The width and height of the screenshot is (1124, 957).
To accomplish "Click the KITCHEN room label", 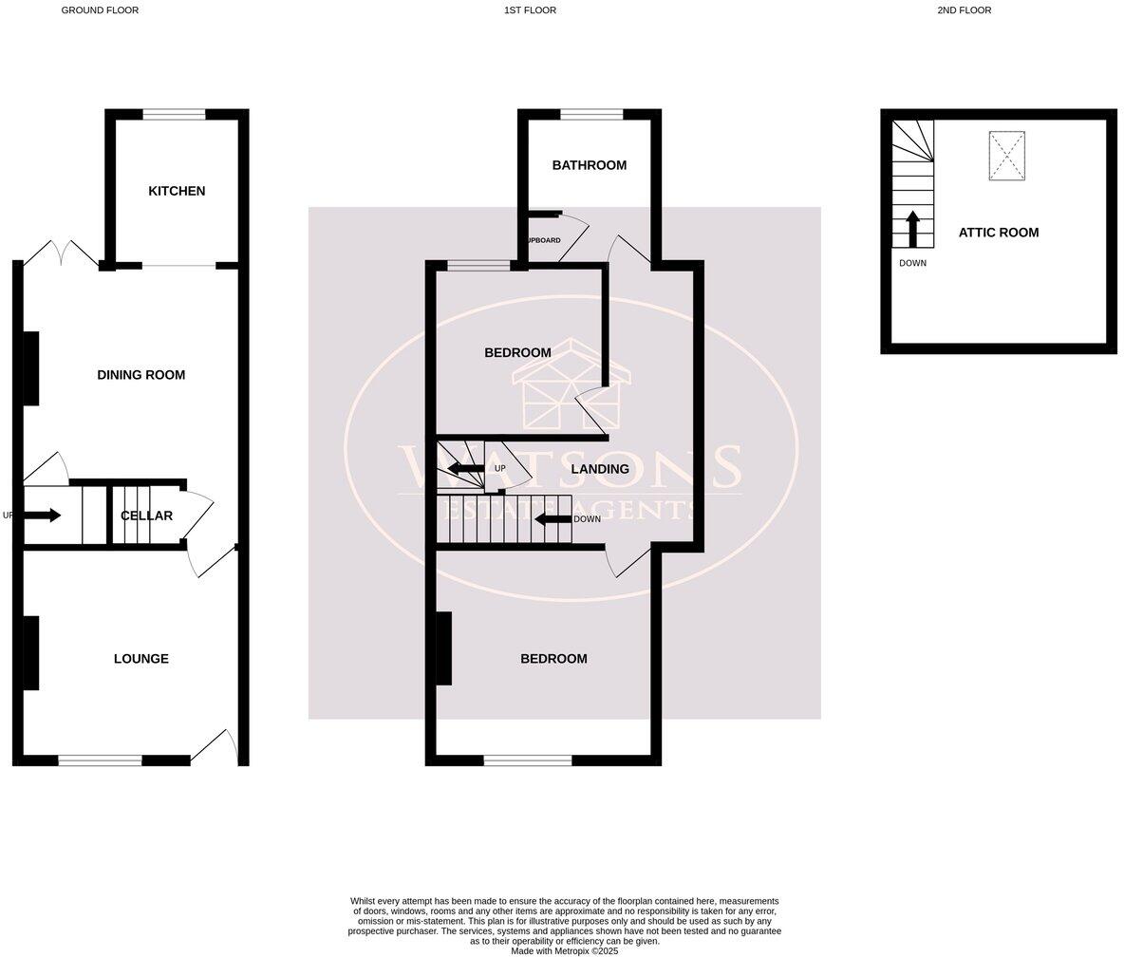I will pyautogui.click(x=177, y=191).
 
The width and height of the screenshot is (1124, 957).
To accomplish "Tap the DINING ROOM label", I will pyautogui.click(x=140, y=375).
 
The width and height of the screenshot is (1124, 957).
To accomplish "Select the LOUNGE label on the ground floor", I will pyautogui.click(x=140, y=659).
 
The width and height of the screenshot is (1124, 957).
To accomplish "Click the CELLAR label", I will pyautogui.click(x=146, y=516).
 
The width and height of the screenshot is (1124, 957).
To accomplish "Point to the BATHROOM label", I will pyautogui.click(x=589, y=165).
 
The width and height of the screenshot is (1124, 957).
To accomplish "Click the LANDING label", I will pyautogui.click(x=600, y=469).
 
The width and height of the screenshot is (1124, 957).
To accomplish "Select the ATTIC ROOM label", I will pyautogui.click(x=998, y=233).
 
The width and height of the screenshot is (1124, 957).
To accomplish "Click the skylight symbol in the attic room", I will pyautogui.click(x=1006, y=156).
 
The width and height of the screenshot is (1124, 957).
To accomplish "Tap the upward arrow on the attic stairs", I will pyautogui.click(x=912, y=228).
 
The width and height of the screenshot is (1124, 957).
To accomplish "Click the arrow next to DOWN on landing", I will pyautogui.click(x=553, y=519).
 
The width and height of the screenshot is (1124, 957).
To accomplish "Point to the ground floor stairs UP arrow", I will pyautogui.click(x=43, y=516).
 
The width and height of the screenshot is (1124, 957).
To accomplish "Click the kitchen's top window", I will pyautogui.click(x=174, y=115).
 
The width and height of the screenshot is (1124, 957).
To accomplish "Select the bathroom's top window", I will pyautogui.click(x=590, y=115).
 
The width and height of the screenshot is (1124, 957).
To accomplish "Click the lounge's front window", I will pyautogui.click(x=100, y=760).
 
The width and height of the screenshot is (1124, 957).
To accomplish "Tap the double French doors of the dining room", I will pyautogui.click(x=61, y=253).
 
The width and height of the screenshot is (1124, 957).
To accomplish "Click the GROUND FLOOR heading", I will pyautogui.click(x=100, y=10).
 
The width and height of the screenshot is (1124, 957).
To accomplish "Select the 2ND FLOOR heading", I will pyautogui.click(x=964, y=10).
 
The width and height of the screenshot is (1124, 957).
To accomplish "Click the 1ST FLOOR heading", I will pyautogui.click(x=530, y=10).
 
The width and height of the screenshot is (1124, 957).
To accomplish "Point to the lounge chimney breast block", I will pyautogui.click(x=30, y=652).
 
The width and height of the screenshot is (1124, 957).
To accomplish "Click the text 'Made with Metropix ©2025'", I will pyautogui.click(x=564, y=950).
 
